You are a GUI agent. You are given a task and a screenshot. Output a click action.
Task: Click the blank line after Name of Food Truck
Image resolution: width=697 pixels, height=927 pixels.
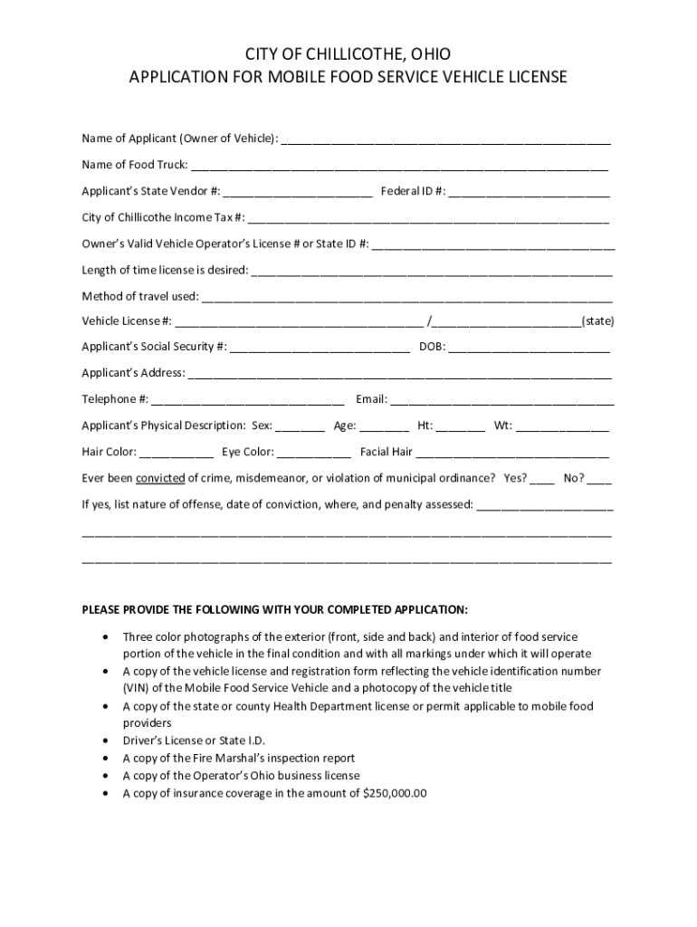click(x=399, y=167)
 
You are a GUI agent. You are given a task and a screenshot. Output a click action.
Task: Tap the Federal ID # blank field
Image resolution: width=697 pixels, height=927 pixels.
click(x=529, y=194)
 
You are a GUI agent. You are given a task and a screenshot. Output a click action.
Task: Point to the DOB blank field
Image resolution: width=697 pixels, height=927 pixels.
click(x=529, y=349)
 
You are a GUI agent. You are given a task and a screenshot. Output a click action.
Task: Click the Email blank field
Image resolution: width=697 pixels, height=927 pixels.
click(x=502, y=401)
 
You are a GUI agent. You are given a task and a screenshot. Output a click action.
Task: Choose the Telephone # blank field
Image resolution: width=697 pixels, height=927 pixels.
click(x=248, y=401)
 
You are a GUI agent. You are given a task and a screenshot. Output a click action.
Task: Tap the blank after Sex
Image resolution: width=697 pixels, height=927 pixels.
click(x=300, y=427)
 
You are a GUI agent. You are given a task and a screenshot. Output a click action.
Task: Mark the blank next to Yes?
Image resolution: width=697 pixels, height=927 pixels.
click(x=542, y=480)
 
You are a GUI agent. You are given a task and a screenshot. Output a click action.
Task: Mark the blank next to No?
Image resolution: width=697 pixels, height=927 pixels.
click(x=599, y=480)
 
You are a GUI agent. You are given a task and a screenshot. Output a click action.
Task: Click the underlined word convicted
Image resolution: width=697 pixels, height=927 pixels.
click(x=161, y=478)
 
